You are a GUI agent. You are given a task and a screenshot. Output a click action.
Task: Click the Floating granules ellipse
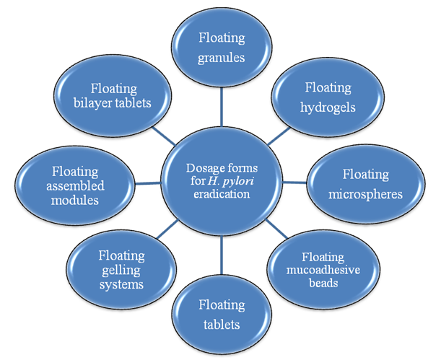pos(222,48)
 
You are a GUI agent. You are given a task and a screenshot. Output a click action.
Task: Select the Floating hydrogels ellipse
pos(328,97)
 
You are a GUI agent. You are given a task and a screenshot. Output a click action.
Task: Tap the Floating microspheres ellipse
pos(365,184)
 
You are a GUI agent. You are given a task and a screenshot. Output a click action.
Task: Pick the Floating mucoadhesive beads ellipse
pos(328,266)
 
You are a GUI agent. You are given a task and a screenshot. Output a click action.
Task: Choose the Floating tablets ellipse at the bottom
pos(222,315)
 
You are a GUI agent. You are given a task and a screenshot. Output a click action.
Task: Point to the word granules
pos(222,57)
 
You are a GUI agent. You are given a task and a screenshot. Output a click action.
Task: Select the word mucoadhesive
pos(328,268)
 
